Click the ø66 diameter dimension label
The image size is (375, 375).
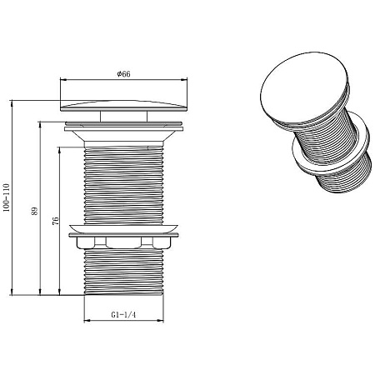[123, 74]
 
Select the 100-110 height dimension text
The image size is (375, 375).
[7, 197]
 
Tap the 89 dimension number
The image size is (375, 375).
[34, 211]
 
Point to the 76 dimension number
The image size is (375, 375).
[56, 221]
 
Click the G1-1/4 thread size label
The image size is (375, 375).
[123, 315]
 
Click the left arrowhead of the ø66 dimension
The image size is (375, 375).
[63, 80]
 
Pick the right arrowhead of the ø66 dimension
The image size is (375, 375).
[184, 80]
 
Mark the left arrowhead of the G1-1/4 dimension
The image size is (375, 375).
[87, 321]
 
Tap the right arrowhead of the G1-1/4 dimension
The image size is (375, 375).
[160, 321]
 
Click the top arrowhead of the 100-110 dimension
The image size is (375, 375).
[12, 103]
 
